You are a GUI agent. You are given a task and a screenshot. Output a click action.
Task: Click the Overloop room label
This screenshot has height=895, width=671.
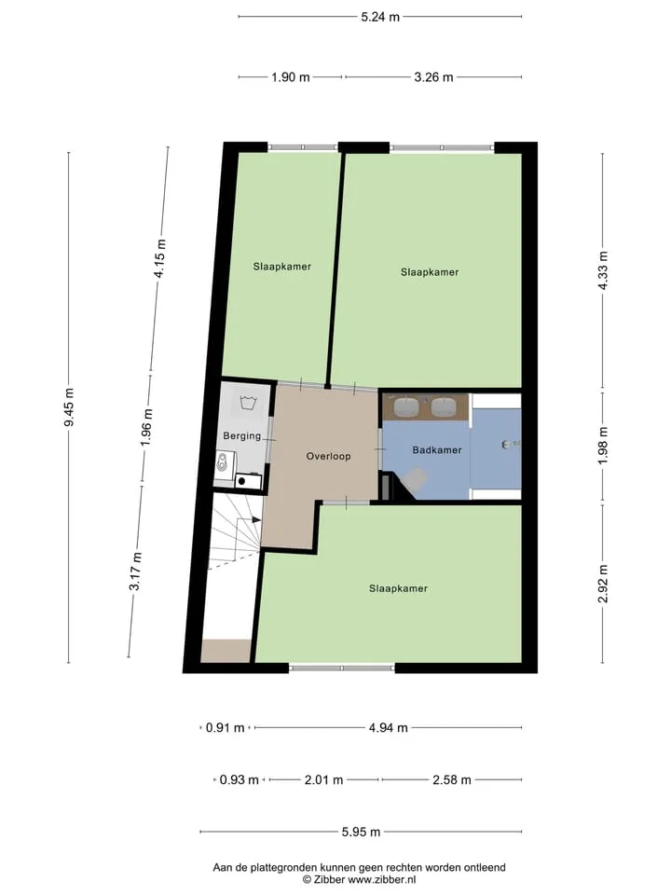(328, 456)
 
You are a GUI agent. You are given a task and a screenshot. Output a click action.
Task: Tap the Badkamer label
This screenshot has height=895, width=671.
(437, 449)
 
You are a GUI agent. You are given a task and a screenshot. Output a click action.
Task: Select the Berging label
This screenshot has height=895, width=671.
(242, 436)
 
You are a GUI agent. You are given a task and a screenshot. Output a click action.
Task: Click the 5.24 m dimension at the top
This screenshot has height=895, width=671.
(380, 17)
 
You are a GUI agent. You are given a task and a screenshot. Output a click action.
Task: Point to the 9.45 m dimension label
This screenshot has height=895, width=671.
(69, 407)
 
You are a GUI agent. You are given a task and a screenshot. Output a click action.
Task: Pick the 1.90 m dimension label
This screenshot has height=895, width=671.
(291, 77)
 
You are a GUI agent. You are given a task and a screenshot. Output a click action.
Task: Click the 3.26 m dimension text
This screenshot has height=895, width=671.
(433, 77)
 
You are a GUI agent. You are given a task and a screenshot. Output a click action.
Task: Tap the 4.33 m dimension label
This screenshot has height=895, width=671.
(603, 270)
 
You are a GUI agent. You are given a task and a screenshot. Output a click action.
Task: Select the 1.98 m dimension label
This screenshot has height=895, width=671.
(603, 446)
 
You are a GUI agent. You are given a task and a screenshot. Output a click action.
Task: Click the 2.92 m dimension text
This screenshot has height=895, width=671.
(603, 584)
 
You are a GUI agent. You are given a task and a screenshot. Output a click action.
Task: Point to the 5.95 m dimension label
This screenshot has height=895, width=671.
(362, 833)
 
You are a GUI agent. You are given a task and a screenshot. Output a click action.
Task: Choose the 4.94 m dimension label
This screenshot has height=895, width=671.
(389, 728)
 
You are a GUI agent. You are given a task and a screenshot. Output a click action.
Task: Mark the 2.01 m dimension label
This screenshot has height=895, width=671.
(324, 779)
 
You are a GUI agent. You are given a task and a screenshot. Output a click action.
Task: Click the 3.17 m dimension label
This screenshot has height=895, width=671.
(135, 571)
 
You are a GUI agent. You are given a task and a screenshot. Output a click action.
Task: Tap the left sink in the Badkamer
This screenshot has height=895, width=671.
(406, 406)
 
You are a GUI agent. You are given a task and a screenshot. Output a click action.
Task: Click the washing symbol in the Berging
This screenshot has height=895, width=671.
(248, 403)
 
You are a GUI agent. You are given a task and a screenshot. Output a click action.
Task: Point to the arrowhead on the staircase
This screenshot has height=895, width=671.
(257, 520)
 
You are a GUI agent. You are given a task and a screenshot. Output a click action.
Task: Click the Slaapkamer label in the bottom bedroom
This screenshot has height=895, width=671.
(398, 588)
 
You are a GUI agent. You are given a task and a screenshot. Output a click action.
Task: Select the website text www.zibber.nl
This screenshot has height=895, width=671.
(382, 879)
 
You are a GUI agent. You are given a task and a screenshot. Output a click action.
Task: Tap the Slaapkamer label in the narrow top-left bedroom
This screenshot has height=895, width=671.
(282, 267)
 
